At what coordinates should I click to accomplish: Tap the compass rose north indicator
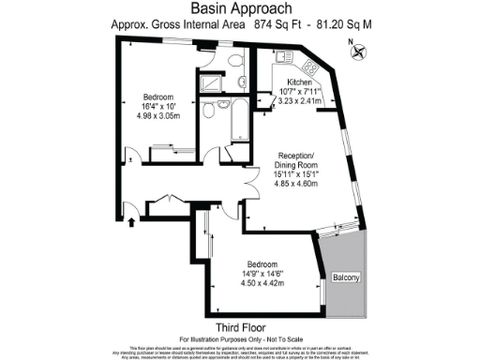point(357,53)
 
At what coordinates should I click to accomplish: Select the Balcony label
point(345,279)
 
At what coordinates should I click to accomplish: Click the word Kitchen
point(301,82)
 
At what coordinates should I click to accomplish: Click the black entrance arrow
point(130,221)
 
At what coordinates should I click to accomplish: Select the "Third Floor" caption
point(238,326)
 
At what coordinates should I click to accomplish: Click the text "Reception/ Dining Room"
point(301,160)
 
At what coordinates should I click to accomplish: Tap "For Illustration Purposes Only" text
point(239,337)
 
